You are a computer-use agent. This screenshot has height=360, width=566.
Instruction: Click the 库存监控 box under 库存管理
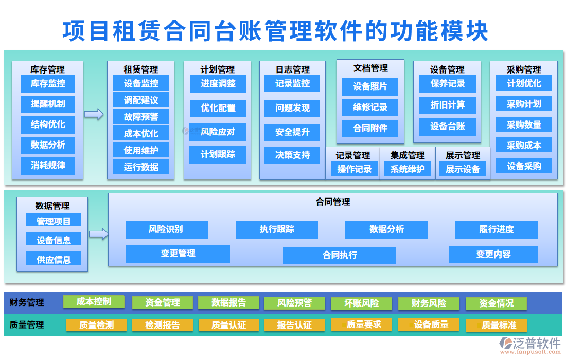pyautogui.click(x=48, y=83)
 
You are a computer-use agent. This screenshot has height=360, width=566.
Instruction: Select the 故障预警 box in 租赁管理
pyautogui.click(x=141, y=117)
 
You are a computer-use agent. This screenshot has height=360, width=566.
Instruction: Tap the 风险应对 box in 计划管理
pyautogui.click(x=218, y=132)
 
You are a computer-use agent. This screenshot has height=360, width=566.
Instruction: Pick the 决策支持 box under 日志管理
pyautogui.click(x=292, y=155)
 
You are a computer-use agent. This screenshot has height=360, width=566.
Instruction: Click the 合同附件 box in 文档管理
pyautogui.click(x=370, y=128)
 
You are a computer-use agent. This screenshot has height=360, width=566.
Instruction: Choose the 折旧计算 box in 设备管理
pyautogui.click(x=447, y=105)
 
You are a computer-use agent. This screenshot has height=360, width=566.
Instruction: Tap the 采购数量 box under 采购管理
pyautogui.click(x=524, y=124)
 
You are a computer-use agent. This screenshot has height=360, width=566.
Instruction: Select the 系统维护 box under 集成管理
pyautogui.click(x=408, y=169)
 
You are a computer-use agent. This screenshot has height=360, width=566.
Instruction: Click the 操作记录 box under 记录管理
pyautogui.click(x=354, y=169)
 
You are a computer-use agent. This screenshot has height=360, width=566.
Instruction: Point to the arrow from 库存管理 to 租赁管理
pyautogui.click(x=94, y=114)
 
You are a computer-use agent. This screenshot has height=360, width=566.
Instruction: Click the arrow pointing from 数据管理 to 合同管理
pyautogui.click(x=98, y=234)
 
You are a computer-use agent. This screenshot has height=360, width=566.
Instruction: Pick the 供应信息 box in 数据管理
pyautogui.click(x=54, y=259)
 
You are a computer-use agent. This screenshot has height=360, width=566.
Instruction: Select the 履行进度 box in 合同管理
pyautogui.click(x=496, y=229)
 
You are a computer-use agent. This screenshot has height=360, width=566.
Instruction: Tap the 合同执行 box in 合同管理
pyautogui.click(x=340, y=255)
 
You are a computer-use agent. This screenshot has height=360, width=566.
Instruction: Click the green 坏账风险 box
pyautogui.click(x=362, y=303)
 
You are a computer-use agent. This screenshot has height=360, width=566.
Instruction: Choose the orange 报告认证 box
pyautogui.click(x=294, y=325)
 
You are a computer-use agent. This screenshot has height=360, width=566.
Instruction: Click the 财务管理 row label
pyautogui.click(x=27, y=302)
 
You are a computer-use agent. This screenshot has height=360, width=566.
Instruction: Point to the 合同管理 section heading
pyautogui.click(x=332, y=202)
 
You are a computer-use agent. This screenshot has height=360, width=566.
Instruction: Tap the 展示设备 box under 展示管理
pyautogui.click(x=463, y=169)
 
